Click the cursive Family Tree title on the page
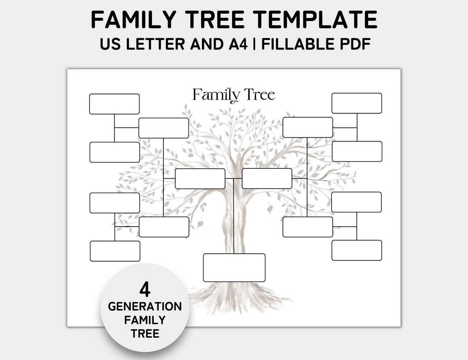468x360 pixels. (x=234, y=95)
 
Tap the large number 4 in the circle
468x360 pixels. (x=145, y=290)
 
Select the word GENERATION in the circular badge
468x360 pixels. (x=145, y=307)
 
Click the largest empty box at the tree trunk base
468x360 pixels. (x=234, y=268)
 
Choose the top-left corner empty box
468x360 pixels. (x=114, y=104)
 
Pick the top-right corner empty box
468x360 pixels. (x=356, y=103)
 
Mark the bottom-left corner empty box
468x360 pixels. (x=115, y=251)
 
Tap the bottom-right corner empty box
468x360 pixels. (x=356, y=250)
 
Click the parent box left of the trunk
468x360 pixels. (x=200, y=179)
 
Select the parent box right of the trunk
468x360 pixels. (x=267, y=179)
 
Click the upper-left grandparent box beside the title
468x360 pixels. (x=163, y=128)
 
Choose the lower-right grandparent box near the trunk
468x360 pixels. (x=307, y=227)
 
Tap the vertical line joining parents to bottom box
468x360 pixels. (x=234, y=218)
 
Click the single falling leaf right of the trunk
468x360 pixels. (x=270, y=209)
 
